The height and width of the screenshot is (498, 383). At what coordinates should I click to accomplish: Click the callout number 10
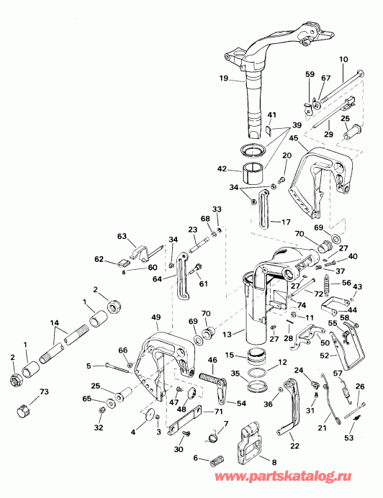click(343, 58)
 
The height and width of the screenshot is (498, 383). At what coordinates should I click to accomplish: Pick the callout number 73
click(45, 392)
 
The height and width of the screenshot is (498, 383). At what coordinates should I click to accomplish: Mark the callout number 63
click(120, 235)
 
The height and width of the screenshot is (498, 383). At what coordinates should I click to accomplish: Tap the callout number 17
click(286, 222)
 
